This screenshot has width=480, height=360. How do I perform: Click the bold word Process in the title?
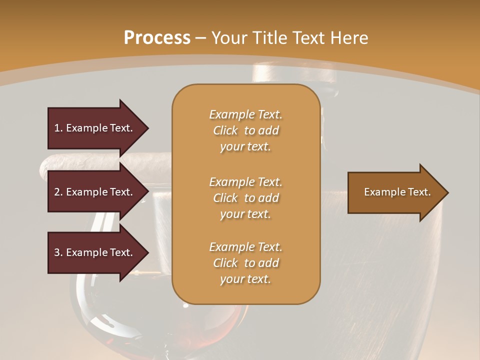pos(157,38)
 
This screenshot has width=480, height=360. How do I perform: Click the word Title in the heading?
pos(270,38)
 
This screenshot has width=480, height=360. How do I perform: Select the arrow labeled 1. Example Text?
pos(95,128)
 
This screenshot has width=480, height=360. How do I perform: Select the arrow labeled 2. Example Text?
pos(95,192)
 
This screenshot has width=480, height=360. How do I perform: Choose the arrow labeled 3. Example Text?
pos(95,252)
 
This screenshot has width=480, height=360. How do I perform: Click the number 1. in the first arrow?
pos(58,128)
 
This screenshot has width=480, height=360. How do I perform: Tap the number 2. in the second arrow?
pos(58,192)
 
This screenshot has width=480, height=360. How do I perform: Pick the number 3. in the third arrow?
pos(58,252)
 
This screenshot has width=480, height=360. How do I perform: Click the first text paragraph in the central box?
pos(245,130)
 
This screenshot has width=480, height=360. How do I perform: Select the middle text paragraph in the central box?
pos(245,198)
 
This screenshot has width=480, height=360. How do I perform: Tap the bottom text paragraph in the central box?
pos(245,263)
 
